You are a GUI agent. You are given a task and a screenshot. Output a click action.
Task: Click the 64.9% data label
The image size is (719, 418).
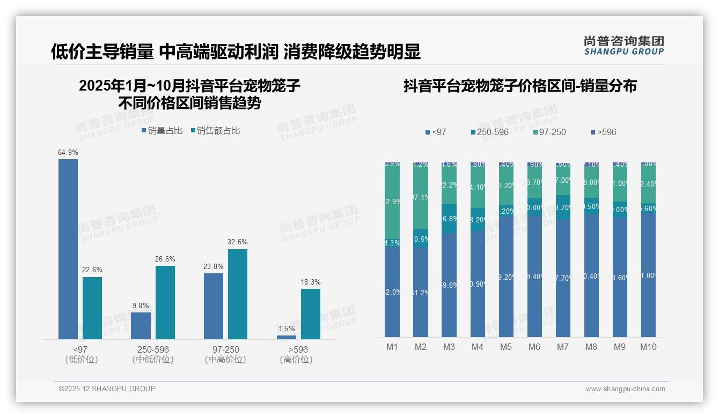point(68,153)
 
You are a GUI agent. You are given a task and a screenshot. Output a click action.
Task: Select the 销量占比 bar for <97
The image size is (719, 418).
point(68,249)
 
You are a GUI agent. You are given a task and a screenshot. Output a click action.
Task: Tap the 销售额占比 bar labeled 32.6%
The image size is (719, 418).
point(238,294)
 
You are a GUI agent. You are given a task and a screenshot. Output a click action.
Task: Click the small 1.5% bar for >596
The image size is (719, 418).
point(287,337)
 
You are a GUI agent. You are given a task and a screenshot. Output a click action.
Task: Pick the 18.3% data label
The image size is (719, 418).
point(311,282)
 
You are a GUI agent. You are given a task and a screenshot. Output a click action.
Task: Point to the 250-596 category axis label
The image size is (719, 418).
point(153,349)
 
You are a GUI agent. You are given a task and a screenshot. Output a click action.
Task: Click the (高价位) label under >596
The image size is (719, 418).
point(296,360)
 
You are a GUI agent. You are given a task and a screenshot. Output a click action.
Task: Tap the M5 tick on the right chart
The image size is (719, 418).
point(506,347)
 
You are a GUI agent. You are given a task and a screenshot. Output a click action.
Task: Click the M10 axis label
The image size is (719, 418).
point(648,347)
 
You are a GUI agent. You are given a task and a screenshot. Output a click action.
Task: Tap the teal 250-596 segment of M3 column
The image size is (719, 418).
point(449,219)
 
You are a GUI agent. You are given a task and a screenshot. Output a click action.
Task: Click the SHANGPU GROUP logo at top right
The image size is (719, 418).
point(623,46)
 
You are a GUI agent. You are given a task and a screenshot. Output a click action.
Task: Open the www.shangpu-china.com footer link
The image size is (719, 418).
point(625,389)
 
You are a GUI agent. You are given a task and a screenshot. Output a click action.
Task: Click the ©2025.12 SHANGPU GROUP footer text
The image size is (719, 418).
point(107,389)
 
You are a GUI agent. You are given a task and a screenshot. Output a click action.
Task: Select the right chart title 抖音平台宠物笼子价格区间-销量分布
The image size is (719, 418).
point(520,86)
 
